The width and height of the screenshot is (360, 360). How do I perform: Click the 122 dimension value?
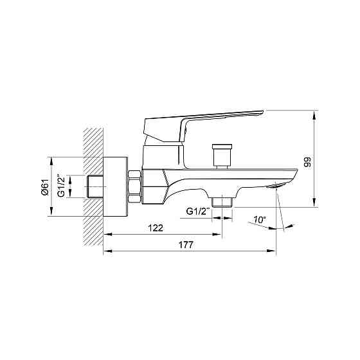coord(156,228)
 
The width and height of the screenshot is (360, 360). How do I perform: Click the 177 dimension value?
coord(186,245)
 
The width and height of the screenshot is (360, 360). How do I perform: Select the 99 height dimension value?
coord(307,161)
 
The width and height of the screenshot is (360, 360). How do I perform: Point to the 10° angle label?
coord(260,220)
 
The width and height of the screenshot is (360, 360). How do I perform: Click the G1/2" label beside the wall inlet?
coord(61,186)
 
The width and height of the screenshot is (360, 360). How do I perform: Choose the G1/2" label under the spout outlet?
coord(198,211)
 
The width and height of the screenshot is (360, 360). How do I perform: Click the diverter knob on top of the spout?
coord(222,157)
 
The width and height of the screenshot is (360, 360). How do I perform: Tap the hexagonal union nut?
coord(134,186)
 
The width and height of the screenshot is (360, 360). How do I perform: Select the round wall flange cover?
coord(115,186)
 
